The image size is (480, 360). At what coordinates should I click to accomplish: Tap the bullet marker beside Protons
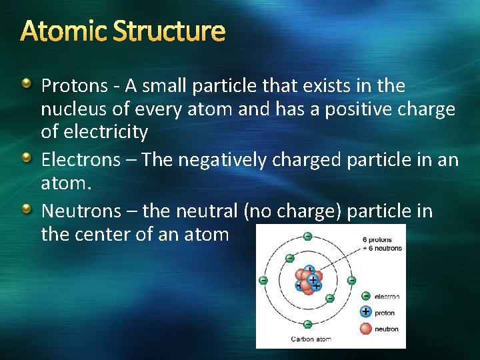(26, 84)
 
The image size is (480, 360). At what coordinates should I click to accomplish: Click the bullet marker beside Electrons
(26, 157)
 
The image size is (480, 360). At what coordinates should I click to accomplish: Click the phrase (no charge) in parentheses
(293, 212)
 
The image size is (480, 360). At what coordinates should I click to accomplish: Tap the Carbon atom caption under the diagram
(311, 339)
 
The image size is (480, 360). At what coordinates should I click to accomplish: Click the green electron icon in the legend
(365, 296)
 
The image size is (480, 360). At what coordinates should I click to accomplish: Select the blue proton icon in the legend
(365, 311)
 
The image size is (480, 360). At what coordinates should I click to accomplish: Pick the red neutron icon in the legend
(365, 328)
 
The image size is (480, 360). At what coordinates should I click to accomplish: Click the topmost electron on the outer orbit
(307, 236)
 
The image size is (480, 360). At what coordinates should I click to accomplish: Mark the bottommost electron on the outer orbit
(307, 324)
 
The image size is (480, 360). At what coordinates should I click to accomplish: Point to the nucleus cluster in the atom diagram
(307, 281)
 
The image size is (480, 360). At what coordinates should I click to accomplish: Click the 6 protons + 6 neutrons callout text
(381, 244)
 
